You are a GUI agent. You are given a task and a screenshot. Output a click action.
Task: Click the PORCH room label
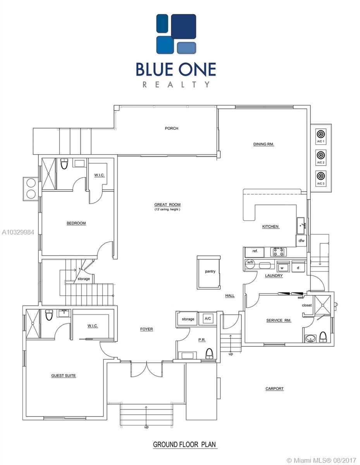pos(171,128)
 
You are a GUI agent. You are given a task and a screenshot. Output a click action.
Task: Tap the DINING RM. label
pos(264,144)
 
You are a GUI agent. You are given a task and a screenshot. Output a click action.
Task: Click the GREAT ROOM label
pos(167,205)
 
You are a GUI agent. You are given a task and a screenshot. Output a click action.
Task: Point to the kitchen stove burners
pos(278,252)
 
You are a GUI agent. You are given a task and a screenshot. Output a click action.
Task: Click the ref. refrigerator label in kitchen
pos(255,251)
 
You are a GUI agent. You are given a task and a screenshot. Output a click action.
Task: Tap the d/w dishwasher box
pos(301,241)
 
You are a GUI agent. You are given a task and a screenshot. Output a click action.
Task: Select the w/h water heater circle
pos(250,263)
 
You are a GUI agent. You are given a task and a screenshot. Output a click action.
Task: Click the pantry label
pos(210,271)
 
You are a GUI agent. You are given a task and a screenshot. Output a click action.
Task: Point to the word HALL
pos(230,296)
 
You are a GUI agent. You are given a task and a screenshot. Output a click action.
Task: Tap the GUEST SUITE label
pos(63,375)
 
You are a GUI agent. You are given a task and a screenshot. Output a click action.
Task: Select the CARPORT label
pos(274,388)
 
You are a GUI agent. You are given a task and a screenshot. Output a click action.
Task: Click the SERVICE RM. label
pos(279,320)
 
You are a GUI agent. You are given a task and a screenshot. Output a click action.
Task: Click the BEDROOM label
pos(76,223)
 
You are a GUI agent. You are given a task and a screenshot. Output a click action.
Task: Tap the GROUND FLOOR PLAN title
pos(184,444)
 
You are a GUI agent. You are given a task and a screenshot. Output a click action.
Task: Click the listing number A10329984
pos(18,232)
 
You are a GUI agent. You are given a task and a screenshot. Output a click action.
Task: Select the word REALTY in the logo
pos(176,84)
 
